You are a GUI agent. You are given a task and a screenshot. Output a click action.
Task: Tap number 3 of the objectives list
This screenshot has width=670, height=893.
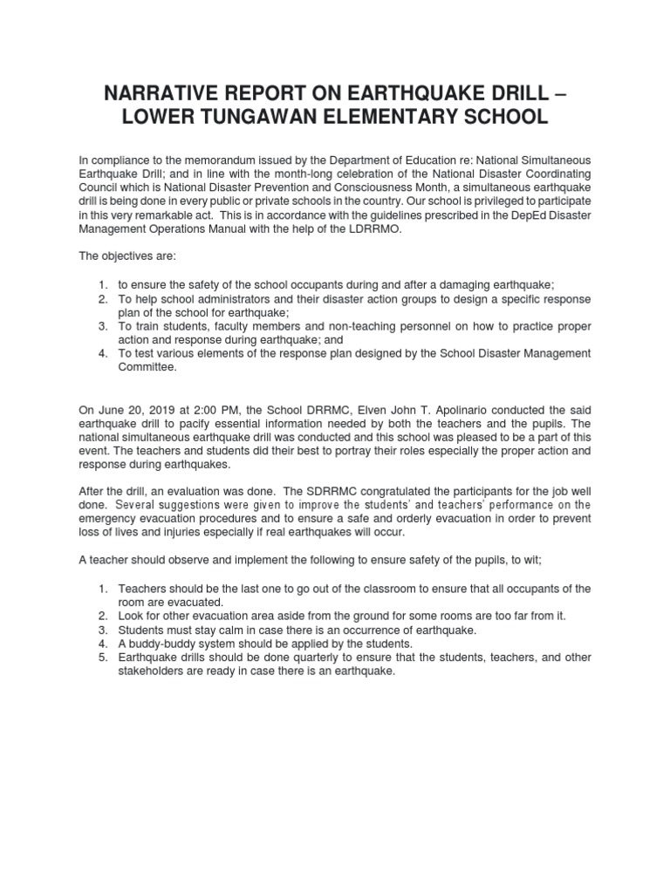pos(102,326)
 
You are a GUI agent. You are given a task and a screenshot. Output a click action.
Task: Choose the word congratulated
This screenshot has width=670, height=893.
pos(394,491)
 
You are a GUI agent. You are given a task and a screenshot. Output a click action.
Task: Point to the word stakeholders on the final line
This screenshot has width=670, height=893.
pos(153,671)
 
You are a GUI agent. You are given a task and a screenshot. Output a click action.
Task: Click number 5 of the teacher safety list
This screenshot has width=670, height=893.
pos(102,657)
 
